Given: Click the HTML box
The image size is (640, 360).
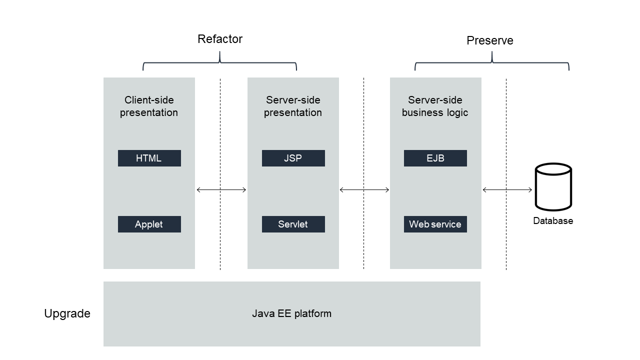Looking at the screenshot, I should click(149, 158).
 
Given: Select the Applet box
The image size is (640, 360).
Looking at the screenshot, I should click(149, 224).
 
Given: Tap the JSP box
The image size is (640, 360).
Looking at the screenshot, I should click(293, 158).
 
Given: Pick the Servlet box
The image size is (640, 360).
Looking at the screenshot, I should click(293, 224).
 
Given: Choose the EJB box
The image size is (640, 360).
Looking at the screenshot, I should click(435, 158).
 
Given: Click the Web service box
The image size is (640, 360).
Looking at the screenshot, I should click(435, 224).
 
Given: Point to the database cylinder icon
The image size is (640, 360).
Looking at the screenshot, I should click(553, 186).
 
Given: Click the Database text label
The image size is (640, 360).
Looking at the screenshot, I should click(553, 221).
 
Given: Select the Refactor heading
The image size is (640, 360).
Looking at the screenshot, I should click(220, 39).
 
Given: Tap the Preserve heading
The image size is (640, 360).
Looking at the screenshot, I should click(489, 40).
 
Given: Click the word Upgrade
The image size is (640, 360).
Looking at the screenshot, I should click(67, 313).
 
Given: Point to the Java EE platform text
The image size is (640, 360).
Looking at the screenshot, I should click(291, 313).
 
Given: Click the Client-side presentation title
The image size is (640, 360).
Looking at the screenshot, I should click(149, 106).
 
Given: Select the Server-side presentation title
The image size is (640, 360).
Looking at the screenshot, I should click(293, 106).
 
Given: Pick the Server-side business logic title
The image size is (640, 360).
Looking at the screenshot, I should click(435, 106).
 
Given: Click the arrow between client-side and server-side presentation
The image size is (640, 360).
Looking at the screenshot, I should click(221, 189).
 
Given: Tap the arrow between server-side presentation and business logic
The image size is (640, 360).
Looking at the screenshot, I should click(364, 189).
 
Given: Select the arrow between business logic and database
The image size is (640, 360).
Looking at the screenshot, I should click(507, 189).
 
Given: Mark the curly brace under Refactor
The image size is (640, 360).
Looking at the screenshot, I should click(220, 63).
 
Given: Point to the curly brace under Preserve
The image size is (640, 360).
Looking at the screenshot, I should click(492, 63).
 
